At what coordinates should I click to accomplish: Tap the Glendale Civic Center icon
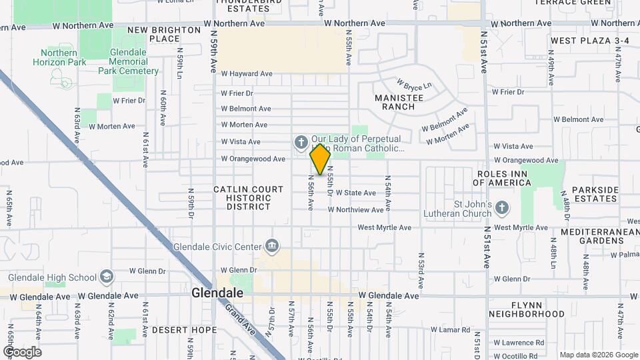point(271,247)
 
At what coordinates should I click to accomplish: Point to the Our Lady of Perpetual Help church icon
point(301,142)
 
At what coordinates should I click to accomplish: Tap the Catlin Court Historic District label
point(242,198)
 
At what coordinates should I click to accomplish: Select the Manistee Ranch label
point(399,102)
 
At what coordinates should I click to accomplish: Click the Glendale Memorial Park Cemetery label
point(129,61)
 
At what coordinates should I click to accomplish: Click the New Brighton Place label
point(164,34)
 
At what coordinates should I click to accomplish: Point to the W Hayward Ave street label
point(247,74)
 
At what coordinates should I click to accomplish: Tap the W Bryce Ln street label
point(414,85)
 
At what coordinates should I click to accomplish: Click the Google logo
point(22,352)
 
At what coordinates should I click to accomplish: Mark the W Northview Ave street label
point(355,210)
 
